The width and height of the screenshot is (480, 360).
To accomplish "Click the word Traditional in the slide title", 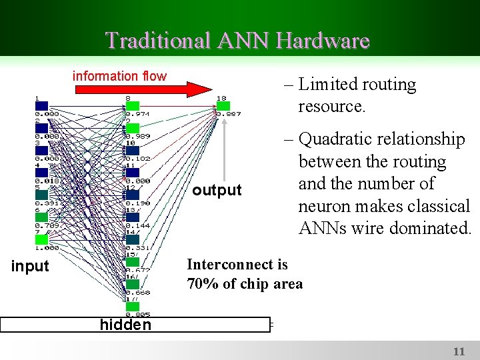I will tap(156, 41).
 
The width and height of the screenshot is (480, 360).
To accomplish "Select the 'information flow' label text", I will tap(119, 76).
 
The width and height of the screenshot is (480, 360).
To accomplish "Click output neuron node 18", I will tap(223, 106).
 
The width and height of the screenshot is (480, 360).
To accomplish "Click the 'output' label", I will tap(217, 191).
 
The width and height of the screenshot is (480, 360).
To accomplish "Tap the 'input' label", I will tap(31, 266).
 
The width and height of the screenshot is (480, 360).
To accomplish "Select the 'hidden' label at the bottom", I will tap(125, 325).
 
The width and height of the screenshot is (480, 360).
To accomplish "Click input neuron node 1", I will tap(41, 106).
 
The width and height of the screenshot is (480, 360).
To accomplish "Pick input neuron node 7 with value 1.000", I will tap(41, 239).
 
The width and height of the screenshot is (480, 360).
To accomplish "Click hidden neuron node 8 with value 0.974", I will tap(132, 106).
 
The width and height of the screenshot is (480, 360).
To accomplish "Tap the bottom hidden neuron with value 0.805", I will tap(132, 307).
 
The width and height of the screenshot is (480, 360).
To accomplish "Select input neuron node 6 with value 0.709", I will tap(41, 217).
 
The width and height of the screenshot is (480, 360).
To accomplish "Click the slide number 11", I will tap(459, 351).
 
